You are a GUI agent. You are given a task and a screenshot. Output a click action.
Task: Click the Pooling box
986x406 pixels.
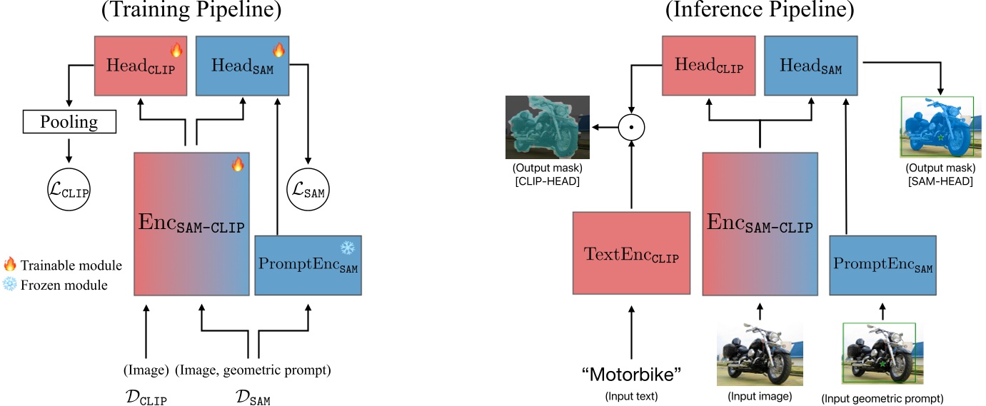pyautogui.click(x=69, y=122)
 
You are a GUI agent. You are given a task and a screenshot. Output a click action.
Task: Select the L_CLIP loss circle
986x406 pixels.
pyautogui.click(x=69, y=191)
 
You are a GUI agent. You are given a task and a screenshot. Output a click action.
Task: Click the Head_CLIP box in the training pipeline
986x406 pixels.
pyautogui.click(x=141, y=66)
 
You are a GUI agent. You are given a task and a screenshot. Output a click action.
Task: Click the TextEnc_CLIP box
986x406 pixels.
pyautogui.click(x=631, y=253)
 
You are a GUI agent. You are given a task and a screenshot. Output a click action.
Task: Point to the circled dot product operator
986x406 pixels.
pyautogui.click(x=631, y=128)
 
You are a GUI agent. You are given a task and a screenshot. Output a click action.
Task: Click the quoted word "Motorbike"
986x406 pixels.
pyautogui.click(x=631, y=375)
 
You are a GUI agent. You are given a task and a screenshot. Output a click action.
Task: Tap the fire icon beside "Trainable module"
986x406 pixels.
pyautogui.click(x=10, y=265)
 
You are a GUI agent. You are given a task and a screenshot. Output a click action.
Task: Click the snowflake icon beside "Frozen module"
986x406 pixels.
pyautogui.click(x=10, y=285)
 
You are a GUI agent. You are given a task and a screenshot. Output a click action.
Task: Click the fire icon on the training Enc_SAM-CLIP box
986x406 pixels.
pyautogui.click(x=238, y=165)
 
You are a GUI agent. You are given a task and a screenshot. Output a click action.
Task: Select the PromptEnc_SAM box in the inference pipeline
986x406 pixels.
pyautogui.click(x=882, y=265)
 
